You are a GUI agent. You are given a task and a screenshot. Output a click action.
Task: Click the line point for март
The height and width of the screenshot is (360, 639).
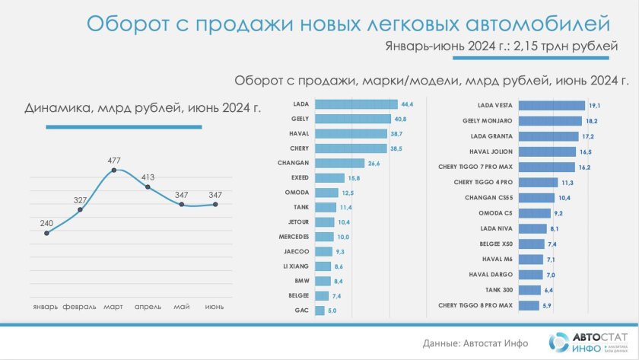(114, 170)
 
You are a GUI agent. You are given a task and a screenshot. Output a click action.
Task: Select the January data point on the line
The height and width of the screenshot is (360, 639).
(46, 233)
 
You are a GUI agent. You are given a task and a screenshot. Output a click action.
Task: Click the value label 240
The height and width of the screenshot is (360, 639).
(46, 223)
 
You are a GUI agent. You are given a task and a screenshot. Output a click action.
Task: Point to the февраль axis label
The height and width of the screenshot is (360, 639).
(79, 307)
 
